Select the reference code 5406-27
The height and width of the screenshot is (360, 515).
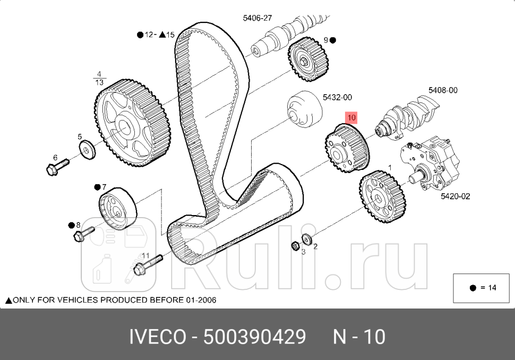pos(257,18)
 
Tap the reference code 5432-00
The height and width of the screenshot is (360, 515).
pos(337,98)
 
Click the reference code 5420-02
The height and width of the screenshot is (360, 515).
pos(455,196)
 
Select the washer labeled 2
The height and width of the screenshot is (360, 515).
pos(306,238)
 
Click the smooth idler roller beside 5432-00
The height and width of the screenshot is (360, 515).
pos(304,110)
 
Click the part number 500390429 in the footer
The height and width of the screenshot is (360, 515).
pos(255,337)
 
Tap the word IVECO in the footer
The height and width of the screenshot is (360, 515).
pos(157,337)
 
